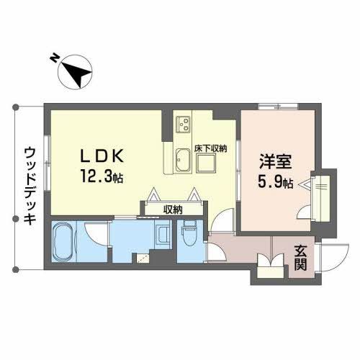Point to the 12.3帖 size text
101,175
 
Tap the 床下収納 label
211,148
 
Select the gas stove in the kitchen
184,123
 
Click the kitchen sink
181,160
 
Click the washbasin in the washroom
163,235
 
